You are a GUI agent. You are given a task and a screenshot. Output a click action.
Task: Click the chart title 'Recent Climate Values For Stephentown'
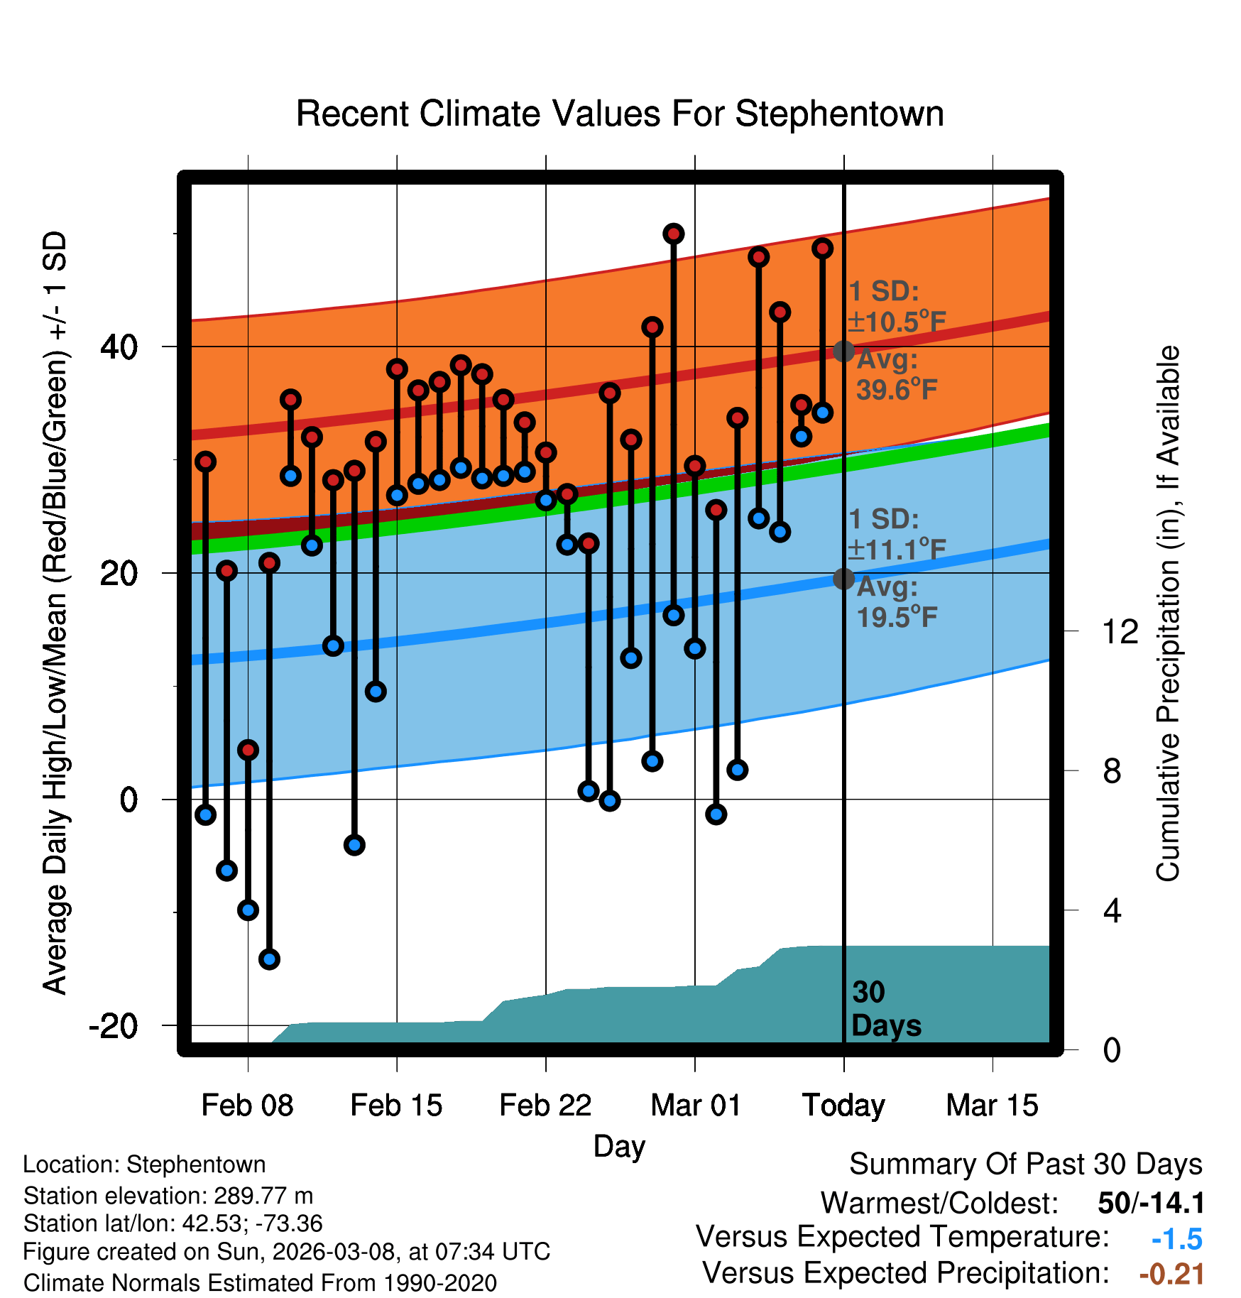[620, 114]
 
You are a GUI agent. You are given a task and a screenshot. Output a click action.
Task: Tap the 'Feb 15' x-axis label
[396, 1106]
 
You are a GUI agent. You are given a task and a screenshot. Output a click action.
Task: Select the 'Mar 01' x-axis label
[696, 1106]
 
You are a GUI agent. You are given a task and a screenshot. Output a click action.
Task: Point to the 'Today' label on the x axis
[843, 1106]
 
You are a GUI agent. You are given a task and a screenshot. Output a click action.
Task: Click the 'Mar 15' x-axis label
[992, 1106]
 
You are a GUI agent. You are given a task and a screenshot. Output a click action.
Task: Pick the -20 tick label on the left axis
[114, 1026]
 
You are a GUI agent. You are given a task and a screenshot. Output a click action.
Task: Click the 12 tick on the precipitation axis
[1120, 631]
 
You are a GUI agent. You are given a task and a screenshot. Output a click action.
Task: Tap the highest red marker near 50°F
[674, 234]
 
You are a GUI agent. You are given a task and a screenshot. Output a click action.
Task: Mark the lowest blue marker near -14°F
[269, 959]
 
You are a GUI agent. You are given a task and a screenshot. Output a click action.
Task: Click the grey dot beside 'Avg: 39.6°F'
[843, 351]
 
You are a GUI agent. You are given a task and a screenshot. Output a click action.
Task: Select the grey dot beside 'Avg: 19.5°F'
[843, 579]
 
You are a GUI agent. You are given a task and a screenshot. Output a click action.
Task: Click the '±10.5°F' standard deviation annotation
[897, 322]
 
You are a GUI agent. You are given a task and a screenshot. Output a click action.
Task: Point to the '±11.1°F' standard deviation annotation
[897, 550]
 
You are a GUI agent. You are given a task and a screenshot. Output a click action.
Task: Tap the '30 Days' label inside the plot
[885, 1009]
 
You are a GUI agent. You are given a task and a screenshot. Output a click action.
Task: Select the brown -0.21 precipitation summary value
[1171, 1274]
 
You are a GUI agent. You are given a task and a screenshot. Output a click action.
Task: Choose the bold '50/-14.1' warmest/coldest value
[1151, 1203]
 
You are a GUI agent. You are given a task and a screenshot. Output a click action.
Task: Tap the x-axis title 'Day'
[619, 1146]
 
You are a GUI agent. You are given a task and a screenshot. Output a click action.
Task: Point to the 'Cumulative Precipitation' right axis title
[1168, 613]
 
